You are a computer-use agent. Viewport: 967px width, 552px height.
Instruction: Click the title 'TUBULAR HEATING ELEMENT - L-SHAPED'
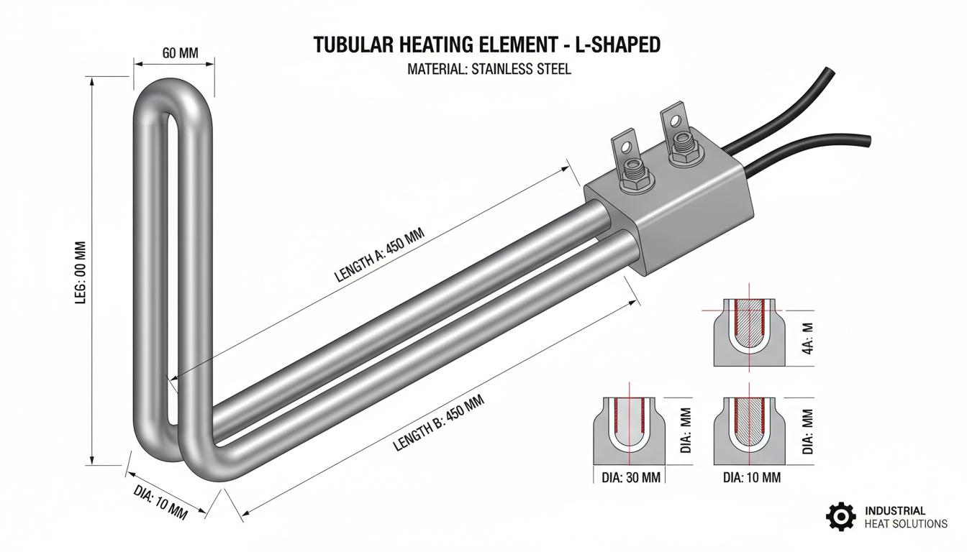coord(486,45)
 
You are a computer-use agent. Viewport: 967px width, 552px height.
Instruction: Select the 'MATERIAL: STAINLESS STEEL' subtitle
coord(489,69)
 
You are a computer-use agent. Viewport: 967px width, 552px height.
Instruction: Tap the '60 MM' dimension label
coord(180,53)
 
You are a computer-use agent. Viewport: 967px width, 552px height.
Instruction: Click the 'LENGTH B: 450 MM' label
coord(438,423)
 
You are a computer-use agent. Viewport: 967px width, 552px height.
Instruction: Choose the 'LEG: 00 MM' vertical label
coord(81,272)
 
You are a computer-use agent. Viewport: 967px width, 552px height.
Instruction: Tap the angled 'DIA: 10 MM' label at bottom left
coord(160,502)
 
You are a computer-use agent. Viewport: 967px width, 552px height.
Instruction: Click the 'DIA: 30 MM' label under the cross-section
coord(631,478)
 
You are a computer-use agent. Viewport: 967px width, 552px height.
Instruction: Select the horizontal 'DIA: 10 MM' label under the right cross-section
coord(752,478)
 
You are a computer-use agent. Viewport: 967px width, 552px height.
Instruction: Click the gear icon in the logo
coord(841,516)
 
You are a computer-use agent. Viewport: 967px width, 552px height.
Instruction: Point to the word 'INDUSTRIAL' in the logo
coord(895,511)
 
